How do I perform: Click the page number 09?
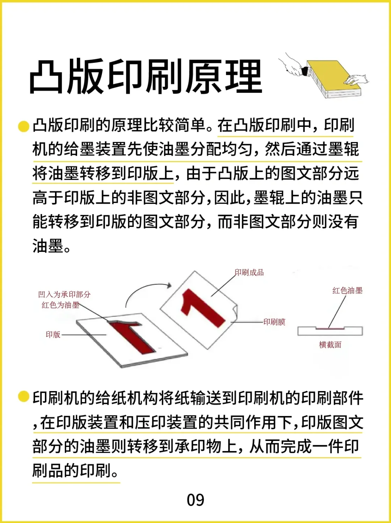pos(195,500)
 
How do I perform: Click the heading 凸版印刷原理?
pos(146,77)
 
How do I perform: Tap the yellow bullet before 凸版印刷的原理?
pos(24,126)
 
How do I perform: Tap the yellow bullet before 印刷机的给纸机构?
pos(24,396)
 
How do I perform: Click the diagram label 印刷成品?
pos(249,273)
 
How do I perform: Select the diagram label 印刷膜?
pos(274,322)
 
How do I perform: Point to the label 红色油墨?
pos(347,290)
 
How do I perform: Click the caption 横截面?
pos(330,344)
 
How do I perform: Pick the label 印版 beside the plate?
pos(53,334)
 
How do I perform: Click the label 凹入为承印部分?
pos(64,294)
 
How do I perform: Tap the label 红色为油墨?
pos(60,305)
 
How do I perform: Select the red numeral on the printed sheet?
pos(203,307)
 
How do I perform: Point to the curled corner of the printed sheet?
pos(234,311)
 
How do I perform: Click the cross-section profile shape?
pos(330,331)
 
